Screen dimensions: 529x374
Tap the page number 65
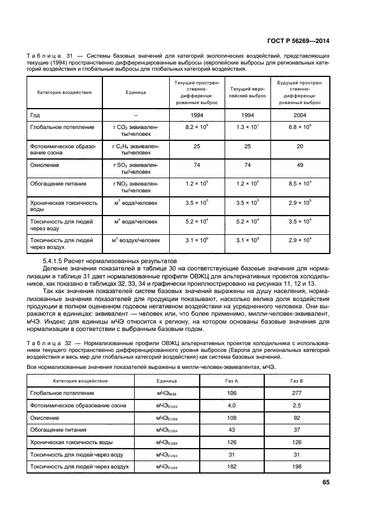(325, 482)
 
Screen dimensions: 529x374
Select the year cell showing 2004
(300, 115)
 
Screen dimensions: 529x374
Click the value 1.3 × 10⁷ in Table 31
(247, 127)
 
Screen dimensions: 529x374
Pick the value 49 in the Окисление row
(300, 165)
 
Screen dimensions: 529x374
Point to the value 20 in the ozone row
(300, 147)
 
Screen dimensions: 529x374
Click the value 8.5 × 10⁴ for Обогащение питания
(300, 184)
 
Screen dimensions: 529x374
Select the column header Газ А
(231, 381)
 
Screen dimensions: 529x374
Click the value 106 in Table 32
(231, 393)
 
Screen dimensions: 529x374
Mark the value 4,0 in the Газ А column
(231, 405)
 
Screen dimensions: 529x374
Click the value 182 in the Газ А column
(231, 467)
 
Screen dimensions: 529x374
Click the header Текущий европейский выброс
(247, 93)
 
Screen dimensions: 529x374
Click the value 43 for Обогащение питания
(231, 430)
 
